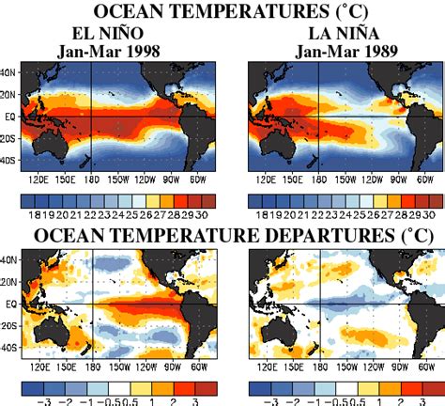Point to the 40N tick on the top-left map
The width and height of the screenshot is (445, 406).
[x=9, y=72]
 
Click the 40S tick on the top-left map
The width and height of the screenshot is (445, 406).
[x=9, y=159]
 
